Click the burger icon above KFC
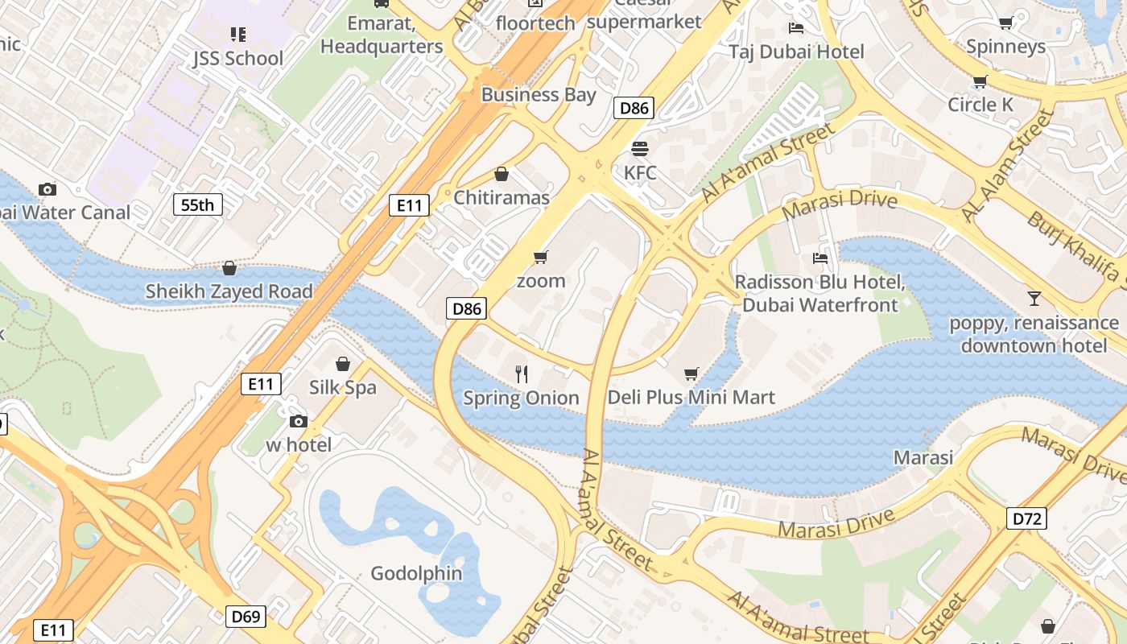click(x=640, y=149)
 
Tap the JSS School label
click(x=237, y=58)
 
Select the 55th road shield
click(x=197, y=204)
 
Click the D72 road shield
click(x=1026, y=518)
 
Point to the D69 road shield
click(x=246, y=617)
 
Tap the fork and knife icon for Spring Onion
click(x=522, y=374)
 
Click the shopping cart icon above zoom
click(x=541, y=257)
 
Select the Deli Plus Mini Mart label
click(x=691, y=398)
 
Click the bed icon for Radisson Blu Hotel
click(x=820, y=258)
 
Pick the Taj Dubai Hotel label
click(x=796, y=52)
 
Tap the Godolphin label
click(x=416, y=573)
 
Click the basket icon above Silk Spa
click(x=343, y=364)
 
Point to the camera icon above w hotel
click(x=298, y=421)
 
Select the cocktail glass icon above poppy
click(x=1034, y=299)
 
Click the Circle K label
click(x=980, y=105)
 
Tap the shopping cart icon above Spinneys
click(x=1005, y=23)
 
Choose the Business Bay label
click(x=539, y=95)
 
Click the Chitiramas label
click(x=502, y=198)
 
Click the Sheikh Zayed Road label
click(x=229, y=291)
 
